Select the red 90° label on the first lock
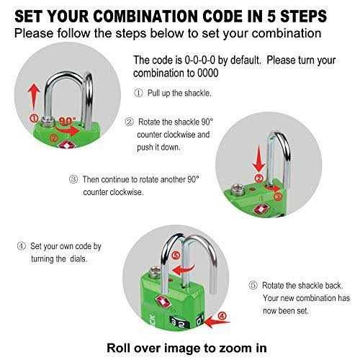coord(68,120)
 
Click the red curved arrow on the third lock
coord(183,270)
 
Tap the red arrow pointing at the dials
coord(217,322)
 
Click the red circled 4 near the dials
coord(222,316)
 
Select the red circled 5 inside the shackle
coord(176,256)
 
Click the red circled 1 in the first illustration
coord(34,118)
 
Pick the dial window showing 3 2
coord(179,323)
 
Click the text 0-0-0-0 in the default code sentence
coord(199,60)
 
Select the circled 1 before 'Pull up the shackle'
coord(138,93)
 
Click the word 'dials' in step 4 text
coord(78,258)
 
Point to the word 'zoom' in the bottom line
coord(230,348)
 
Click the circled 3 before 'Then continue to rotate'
coord(73,179)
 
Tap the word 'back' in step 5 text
coord(334,285)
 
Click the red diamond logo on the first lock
coord(63,145)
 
